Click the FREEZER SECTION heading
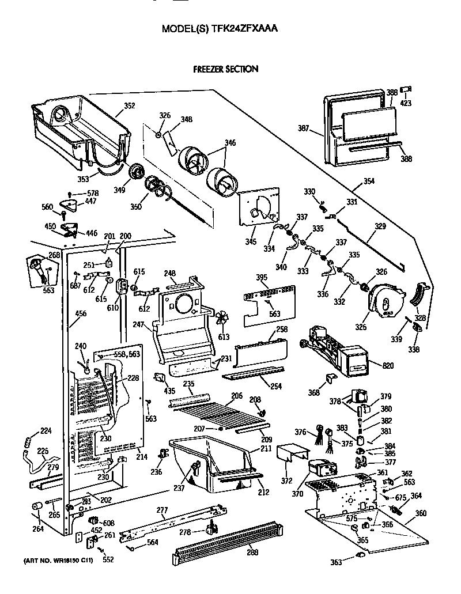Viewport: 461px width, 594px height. [x=225, y=69]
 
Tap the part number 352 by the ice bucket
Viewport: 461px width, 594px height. [x=130, y=106]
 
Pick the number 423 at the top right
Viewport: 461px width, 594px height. [x=406, y=104]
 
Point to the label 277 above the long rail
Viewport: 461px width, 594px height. [x=163, y=510]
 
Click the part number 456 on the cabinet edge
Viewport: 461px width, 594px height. [x=81, y=313]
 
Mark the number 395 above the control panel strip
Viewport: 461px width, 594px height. [x=262, y=278]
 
